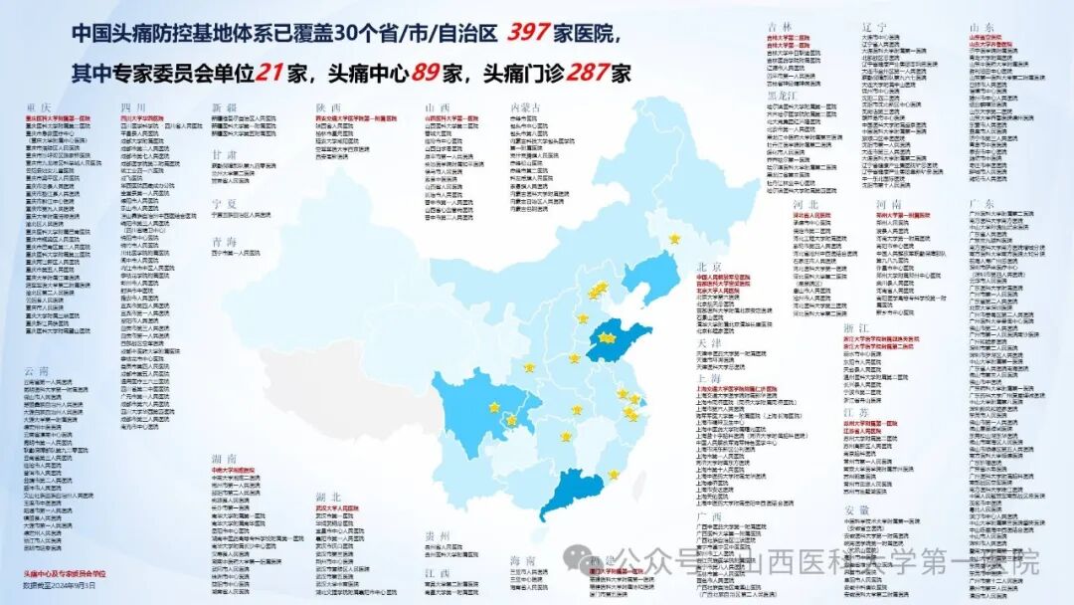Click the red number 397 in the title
click(x=528, y=33)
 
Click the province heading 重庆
click(x=38, y=106)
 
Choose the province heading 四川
click(x=133, y=106)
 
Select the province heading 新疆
click(x=226, y=106)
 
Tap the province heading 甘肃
click(x=225, y=155)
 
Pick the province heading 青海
click(x=225, y=241)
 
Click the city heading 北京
click(x=709, y=267)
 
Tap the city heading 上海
click(x=709, y=378)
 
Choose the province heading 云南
click(x=37, y=371)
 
